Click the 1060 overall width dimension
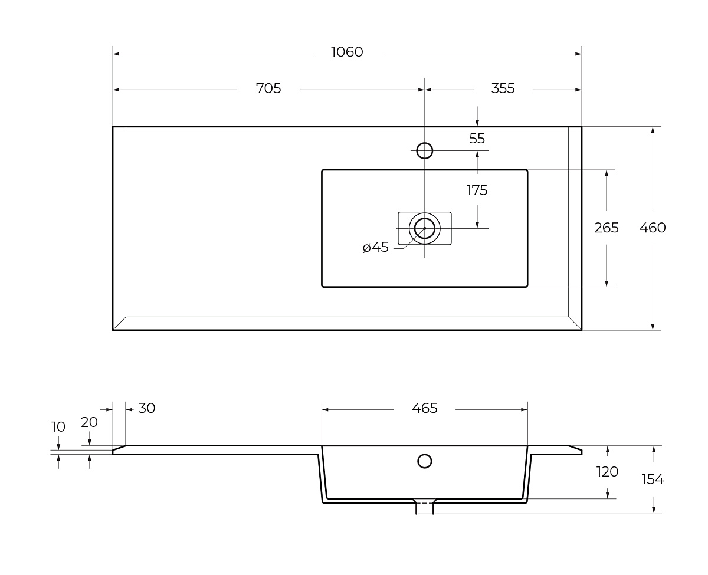(347, 52)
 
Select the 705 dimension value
(268, 88)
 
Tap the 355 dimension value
(503, 88)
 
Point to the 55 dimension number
(477, 139)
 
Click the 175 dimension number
(477, 190)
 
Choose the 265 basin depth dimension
(607, 228)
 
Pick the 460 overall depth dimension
(653, 228)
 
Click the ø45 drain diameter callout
(375, 247)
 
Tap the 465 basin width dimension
(424, 408)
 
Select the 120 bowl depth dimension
(607, 472)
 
